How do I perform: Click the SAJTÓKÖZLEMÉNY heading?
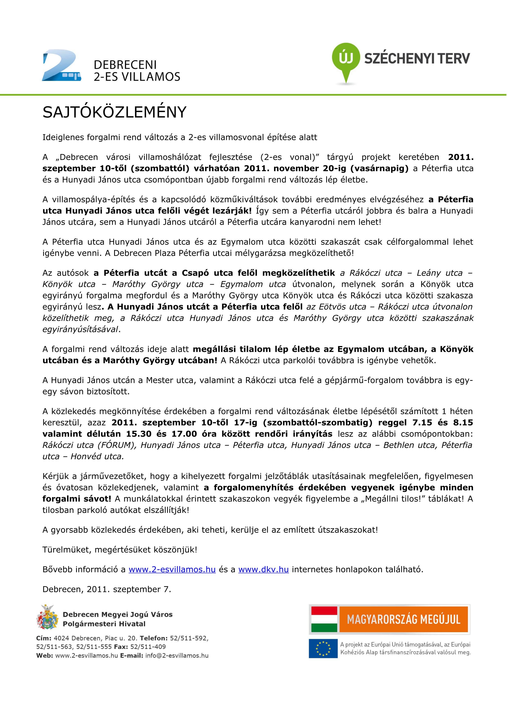point(114,112)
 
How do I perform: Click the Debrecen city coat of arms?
point(47,617)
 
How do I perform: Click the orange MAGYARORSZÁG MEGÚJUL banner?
point(404,620)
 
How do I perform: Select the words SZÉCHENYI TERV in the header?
point(417,58)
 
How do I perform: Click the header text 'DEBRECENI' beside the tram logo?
point(125,65)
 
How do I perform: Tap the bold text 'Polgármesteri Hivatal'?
point(104,624)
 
